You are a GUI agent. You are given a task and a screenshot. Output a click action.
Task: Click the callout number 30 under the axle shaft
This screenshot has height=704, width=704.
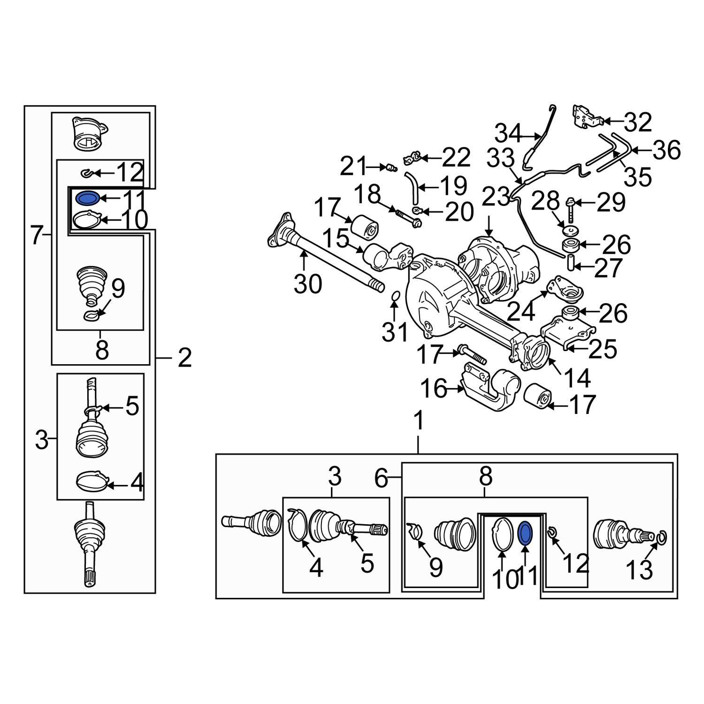(x=308, y=284)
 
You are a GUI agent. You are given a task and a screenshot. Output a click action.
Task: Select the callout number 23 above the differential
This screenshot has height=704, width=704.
(x=496, y=197)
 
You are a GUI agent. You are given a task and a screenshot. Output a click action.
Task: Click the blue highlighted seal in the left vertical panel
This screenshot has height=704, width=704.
(x=86, y=199)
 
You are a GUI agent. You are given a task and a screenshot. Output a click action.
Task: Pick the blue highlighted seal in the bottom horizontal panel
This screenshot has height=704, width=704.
(x=525, y=533)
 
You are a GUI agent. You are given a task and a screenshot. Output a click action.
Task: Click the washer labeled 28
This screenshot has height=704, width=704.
(x=570, y=231)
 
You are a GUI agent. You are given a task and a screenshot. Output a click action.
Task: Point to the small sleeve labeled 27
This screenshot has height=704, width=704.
(x=571, y=263)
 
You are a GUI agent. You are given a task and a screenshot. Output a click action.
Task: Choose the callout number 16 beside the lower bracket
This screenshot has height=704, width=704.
(x=434, y=389)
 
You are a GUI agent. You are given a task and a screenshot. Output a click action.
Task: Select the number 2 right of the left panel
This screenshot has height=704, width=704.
(x=184, y=358)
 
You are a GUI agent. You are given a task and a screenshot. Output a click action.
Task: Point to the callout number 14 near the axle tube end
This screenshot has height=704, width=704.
(x=577, y=378)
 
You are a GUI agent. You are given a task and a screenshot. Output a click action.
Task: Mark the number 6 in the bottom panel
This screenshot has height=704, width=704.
(x=382, y=478)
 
